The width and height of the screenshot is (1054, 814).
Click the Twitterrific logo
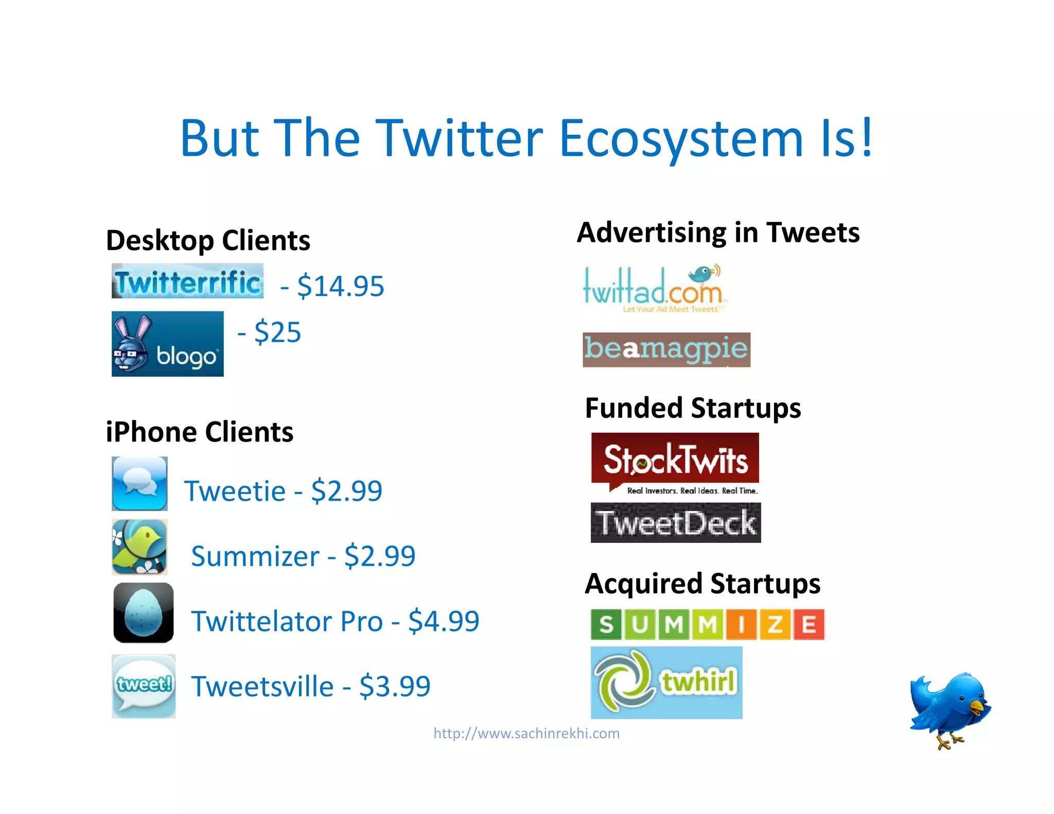coord(187,281)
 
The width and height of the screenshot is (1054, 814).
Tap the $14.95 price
coord(340,286)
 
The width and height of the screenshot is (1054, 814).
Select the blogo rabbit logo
coord(167,344)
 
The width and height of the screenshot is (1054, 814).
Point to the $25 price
coord(277,332)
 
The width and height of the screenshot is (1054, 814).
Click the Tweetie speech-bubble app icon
coord(139,483)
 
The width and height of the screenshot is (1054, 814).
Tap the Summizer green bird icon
coord(139,546)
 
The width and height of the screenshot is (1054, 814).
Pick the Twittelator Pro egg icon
coord(144,612)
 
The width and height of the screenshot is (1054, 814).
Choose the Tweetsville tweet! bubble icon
coord(144,686)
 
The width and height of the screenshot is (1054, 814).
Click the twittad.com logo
coord(655,289)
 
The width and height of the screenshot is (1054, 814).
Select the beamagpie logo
coord(666,349)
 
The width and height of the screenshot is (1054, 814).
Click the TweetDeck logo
coord(675,523)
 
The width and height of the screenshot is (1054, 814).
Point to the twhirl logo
coord(666,682)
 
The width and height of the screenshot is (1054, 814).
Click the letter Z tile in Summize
coord(775,624)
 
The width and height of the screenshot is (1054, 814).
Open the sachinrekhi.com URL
coord(526,733)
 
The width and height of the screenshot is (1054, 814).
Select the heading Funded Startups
coord(693,408)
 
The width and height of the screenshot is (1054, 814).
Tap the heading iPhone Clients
coord(200,432)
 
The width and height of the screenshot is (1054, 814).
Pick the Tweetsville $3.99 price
coord(395,686)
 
